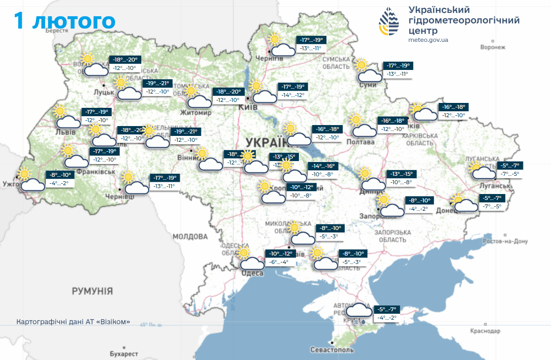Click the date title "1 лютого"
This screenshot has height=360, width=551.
65,21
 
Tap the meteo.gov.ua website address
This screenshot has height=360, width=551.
428,40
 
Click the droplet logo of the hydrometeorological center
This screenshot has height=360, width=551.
389,22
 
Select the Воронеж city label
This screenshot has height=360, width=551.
493,47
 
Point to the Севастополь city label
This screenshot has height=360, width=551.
332,350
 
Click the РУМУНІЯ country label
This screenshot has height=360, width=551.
93,291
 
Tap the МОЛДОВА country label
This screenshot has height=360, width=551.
190,237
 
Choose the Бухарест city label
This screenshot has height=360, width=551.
124,354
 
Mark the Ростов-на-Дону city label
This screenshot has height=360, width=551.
505,241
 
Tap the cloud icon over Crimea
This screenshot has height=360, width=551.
359,310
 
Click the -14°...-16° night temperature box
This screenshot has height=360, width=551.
322,166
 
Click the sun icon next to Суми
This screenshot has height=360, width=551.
362,65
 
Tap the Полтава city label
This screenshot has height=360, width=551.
360,142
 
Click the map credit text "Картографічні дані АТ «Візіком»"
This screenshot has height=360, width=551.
73,322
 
